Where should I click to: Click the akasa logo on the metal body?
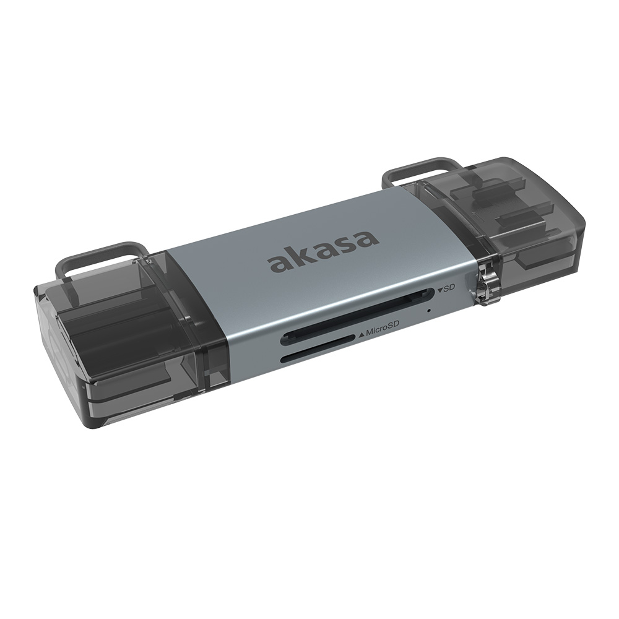322,250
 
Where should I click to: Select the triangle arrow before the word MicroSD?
361,335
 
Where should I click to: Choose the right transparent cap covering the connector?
520,223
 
